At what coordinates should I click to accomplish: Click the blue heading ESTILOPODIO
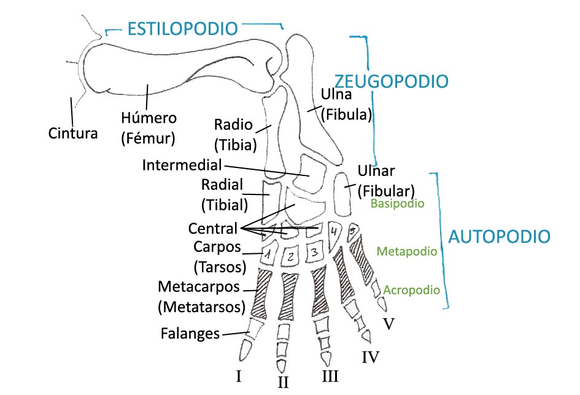(x=182, y=28)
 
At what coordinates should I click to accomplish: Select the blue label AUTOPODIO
(x=498, y=237)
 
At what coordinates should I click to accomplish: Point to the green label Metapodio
(x=406, y=251)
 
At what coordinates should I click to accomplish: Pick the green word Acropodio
(x=411, y=290)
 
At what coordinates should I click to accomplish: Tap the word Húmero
(x=149, y=118)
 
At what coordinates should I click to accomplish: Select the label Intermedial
(x=182, y=165)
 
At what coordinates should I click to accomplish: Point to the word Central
(x=212, y=229)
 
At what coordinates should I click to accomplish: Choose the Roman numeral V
(x=388, y=323)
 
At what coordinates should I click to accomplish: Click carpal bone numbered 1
(x=268, y=253)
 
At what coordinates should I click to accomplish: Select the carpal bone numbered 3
(x=314, y=251)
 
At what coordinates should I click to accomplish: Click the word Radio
(x=233, y=125)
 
